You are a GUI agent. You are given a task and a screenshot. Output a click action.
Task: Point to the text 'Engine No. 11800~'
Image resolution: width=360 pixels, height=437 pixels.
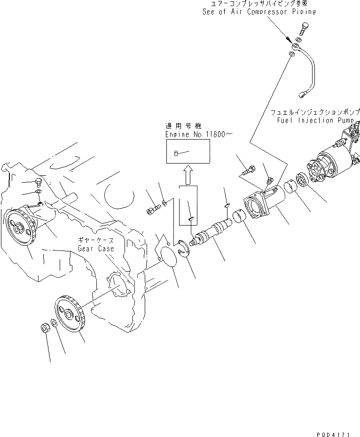[199, 134]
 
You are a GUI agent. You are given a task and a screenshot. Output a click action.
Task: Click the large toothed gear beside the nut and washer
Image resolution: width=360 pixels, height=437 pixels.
[70, 314]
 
